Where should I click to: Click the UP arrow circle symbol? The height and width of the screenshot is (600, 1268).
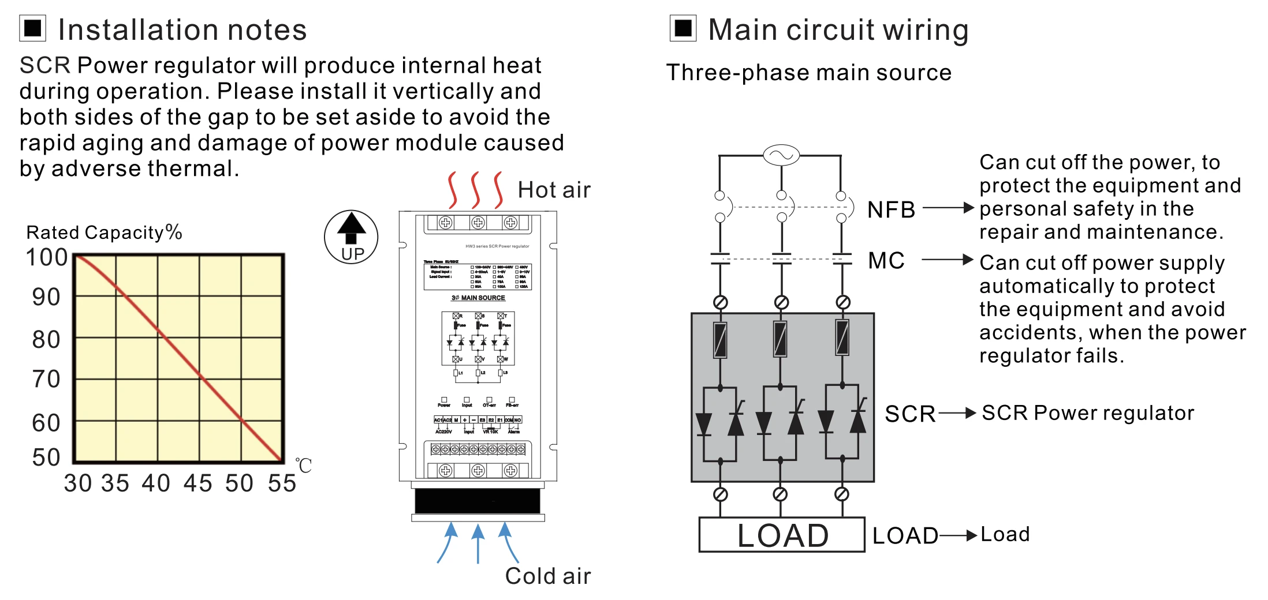351,237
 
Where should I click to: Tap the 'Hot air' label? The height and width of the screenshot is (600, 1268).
554,190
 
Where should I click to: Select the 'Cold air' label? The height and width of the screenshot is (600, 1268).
547,576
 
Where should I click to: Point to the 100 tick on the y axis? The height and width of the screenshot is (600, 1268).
47,257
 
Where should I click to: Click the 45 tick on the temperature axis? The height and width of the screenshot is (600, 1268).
198,483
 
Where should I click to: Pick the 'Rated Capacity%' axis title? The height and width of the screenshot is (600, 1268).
104,232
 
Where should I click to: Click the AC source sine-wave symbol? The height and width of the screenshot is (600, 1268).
781,155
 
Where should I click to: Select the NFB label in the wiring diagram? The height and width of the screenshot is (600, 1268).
891,209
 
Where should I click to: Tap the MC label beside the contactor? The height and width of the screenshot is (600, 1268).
886,261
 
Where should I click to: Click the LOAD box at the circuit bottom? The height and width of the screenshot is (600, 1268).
782,535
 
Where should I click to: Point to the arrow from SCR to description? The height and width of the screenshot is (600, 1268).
957,413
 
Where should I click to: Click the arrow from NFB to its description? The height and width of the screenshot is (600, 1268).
948,208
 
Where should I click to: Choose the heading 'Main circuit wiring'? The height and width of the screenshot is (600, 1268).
838,30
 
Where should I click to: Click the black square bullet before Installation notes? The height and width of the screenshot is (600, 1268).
33,28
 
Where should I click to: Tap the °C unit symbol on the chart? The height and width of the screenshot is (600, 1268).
303,465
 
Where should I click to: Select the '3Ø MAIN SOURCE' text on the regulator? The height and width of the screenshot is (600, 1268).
478,298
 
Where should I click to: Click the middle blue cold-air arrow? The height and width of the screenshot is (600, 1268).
478,542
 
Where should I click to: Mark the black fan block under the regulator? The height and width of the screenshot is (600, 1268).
478,501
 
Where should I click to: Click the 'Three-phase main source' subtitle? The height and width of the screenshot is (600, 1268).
808,73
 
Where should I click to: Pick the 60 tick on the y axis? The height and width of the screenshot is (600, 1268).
46,423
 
